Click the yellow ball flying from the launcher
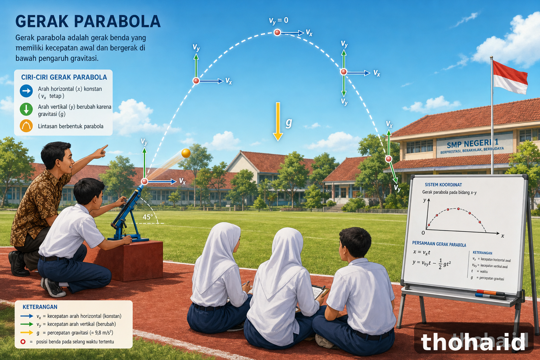click(186, 153)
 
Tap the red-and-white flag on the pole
click(510, 77)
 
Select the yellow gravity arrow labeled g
click(278, 122)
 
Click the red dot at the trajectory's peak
click(277, 32)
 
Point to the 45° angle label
click(148, 217)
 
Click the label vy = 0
click(279, 21)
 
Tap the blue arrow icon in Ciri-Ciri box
click(26, 91)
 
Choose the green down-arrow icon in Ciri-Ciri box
click(26, 109)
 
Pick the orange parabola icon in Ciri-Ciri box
click(26, 126)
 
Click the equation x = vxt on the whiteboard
click(422, 252)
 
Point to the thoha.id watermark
click(473, 342)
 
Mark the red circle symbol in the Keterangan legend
click(23, 342)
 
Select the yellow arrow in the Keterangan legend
click(27, 333)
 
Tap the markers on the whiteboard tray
click(490, 295)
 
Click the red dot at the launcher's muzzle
click(144, 181)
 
